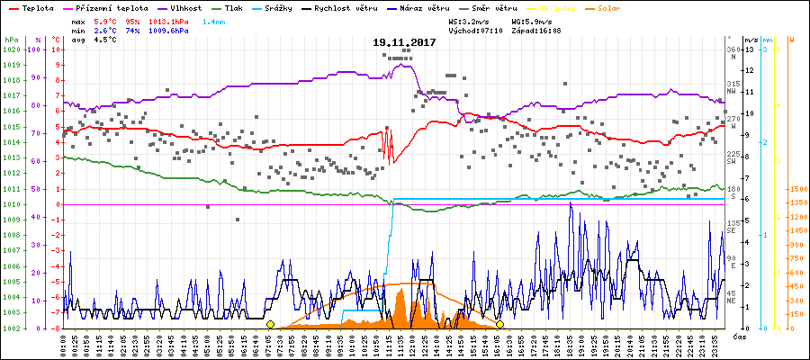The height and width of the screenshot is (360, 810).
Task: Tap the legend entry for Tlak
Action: coord(235,7)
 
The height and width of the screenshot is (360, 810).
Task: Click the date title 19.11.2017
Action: coord(404,42)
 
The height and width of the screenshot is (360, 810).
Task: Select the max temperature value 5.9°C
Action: coord(106,20)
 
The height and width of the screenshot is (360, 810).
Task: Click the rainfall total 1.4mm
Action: coord(214,20)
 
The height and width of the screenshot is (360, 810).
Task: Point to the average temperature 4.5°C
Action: coord(106,40)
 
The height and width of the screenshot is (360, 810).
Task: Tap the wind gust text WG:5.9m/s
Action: coord(531,20)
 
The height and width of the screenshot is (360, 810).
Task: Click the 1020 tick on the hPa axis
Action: coord(11,49)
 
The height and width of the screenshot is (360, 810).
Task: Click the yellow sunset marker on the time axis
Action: coord(499,324)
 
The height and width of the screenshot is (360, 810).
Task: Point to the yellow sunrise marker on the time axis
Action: coord(270,324)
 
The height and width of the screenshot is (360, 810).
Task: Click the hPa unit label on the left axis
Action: coord(11,40)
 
